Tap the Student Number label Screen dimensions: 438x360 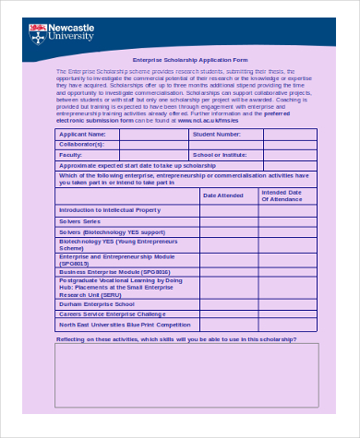(216, 135)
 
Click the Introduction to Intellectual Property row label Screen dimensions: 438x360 (109, 210)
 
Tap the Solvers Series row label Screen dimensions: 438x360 (79, 222)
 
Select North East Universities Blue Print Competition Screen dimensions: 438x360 (125, 325)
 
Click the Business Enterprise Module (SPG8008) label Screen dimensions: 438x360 (114, 272)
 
